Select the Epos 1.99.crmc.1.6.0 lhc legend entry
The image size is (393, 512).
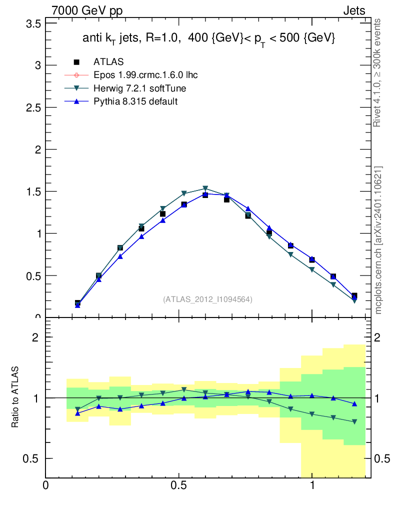point(140,75)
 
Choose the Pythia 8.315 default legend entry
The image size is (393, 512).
point(135,101)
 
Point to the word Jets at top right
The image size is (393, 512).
point(353,11)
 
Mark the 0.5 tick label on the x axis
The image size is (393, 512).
point(178,485)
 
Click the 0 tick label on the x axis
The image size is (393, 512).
point(46,485)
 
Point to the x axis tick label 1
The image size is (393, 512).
point(312,485)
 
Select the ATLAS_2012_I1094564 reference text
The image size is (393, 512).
point(207,299)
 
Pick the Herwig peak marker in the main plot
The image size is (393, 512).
point(205,189)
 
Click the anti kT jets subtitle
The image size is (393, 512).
point(208,38)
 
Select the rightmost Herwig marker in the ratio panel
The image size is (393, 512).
point(354,422)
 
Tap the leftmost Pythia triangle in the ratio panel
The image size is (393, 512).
point(77,413)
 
